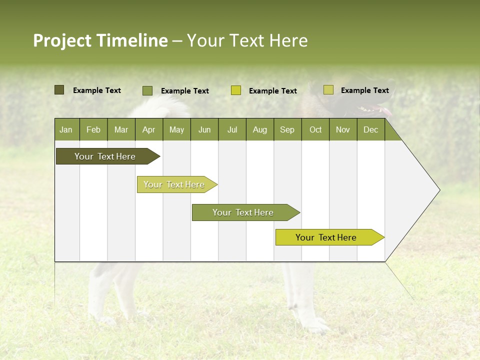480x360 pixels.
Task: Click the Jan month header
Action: click(66, 130)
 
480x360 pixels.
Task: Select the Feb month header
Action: click(93, 130)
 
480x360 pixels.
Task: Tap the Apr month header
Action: click(148, 130)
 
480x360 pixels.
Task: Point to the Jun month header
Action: click(204, 130)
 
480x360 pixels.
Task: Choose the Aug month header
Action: click(259, 130)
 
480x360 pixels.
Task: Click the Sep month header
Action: click(287, 130)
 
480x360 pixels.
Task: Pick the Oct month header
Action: click(315, 130)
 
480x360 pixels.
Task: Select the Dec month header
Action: click(370, 130)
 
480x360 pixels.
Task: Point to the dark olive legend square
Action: click(59, 90)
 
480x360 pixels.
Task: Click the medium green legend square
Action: click(147, 90)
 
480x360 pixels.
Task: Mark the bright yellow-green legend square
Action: click(235, 90)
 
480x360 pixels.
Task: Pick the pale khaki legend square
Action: click(328, 90)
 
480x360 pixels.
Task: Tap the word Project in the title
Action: click(62, 40)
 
